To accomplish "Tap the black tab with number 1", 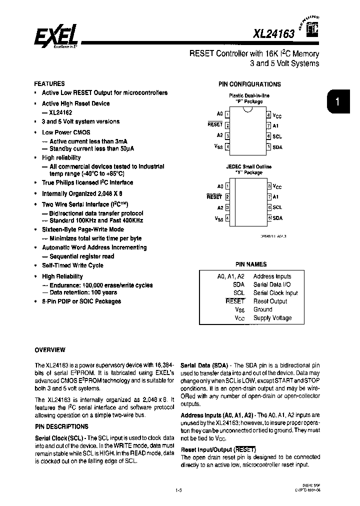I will coord(338,102).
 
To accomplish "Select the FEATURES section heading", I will coord(49,83).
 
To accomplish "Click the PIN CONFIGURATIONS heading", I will coord(249,84).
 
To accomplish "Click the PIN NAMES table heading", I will coord(251,264).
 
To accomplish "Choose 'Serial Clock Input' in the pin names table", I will coord(275,293).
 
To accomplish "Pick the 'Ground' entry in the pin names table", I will coord(262,309).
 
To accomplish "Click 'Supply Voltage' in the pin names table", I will coord(272,318).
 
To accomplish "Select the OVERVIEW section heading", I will coord(50,349).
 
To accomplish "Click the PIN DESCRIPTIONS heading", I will coord(61,426).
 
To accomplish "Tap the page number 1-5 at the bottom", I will coord(178,490).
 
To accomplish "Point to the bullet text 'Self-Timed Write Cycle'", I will coord(72,265).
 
